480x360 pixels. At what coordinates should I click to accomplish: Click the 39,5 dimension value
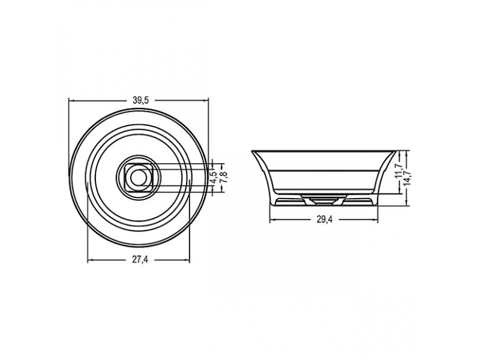(140, 100)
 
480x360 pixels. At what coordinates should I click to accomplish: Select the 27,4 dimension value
(140, 260)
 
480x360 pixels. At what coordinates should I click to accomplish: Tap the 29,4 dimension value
(324, 220)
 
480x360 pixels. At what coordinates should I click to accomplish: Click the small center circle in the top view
(139, 178)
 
